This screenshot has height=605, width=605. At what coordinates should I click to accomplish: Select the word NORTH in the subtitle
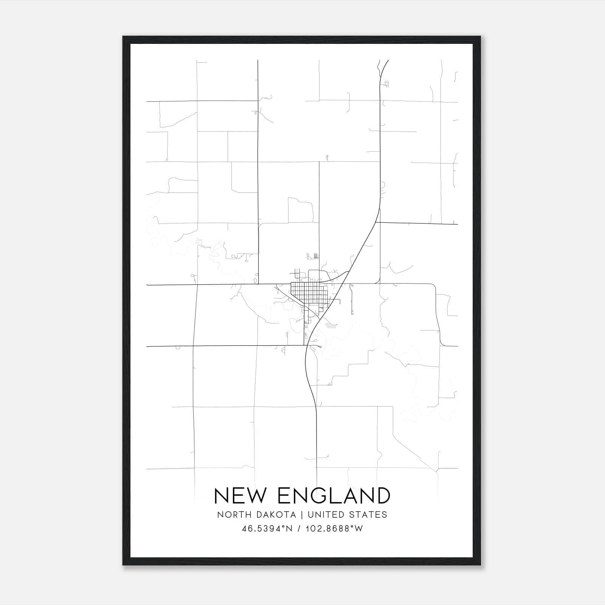(x=230, y=515)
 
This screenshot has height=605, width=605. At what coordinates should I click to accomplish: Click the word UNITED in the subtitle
(x=326, y=515)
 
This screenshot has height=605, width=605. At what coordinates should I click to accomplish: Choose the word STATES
(x=368, y=515)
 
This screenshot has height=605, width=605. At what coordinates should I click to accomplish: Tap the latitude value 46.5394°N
(x=267, y=529)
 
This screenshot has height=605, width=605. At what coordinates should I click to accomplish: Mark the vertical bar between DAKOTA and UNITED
(x=302, y=515)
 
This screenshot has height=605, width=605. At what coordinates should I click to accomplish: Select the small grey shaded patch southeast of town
(x=331, y=325)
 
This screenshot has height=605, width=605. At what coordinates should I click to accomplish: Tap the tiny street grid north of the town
(x=316, y=256)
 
